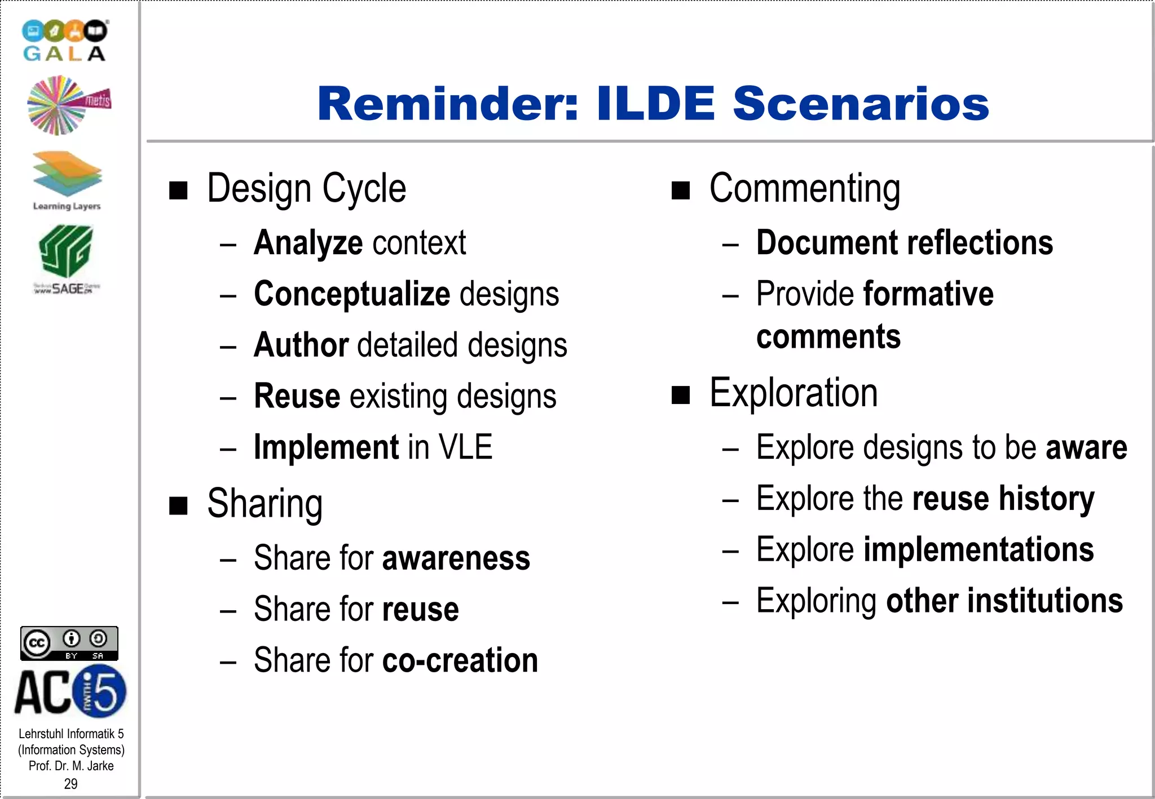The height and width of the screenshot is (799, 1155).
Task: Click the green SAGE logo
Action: (66, 258)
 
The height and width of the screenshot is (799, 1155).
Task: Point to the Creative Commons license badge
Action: (69, 643)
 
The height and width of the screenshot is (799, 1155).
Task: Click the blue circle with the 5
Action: (102, 691)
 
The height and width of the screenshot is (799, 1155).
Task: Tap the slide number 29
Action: (70, 783)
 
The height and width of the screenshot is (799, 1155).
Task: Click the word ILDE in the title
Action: (655, 104)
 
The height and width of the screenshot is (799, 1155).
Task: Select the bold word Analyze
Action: (308, 243)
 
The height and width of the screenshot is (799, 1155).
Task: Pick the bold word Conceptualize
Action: (352, 294)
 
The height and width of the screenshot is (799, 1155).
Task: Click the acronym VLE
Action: (465, 447)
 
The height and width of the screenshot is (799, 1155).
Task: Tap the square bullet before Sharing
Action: (179, 505)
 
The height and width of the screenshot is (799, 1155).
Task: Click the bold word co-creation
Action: (460, 660)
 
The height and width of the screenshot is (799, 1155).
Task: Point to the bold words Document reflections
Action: (904, 243)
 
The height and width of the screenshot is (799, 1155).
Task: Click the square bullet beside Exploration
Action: (681, 395)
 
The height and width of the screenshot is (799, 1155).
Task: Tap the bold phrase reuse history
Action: (1003, 499)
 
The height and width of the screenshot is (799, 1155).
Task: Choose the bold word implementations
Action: (978, 550)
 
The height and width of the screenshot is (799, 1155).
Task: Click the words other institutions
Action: (1004, 601)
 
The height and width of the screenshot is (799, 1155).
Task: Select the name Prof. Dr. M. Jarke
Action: (71, 766)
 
